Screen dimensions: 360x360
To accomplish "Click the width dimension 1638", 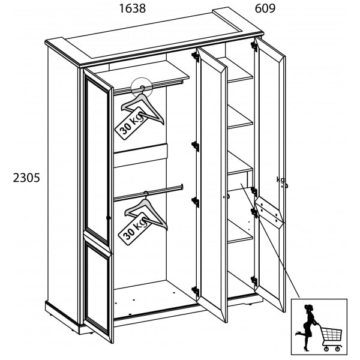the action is [133, 8].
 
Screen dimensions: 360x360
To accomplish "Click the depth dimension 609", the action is [265, 8].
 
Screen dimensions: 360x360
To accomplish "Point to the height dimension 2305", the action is [26, 178].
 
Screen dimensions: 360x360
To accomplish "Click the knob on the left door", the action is [109, 217].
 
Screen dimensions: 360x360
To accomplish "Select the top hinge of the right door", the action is [254, 44].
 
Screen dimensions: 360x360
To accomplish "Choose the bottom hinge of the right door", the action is [254, 281].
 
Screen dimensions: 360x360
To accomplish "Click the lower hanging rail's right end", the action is [182, 187].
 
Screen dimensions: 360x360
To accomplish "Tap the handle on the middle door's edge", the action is [227, 196].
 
